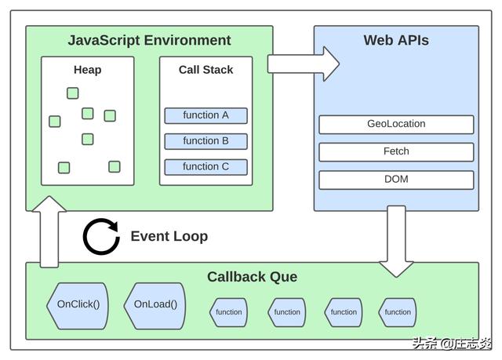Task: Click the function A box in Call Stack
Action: [x=206, y=115]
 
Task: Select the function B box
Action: [x=206, y=141]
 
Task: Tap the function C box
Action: [x=206, y=166]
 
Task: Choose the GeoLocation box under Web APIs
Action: [x=396, y=124]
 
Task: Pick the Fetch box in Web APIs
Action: [x=396, y=151]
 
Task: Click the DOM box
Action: [x=396, y=180]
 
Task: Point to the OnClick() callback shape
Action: [x=78, y=304]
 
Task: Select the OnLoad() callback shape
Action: [x=155, y=304]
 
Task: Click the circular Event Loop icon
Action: [x=101, y=237]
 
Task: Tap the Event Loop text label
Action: [x=169, y=236]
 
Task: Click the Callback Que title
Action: [x=252, y=277]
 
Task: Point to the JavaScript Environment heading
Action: [x=149, y=41]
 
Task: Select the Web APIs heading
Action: [x=396, y=41]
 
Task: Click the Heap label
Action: [x=87, y=70]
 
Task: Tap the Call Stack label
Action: [x=206, y=70]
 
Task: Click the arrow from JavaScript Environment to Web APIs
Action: [x=303, y=64]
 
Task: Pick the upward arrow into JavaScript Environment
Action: [x=49, y=231]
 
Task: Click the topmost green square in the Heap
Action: [x=73, y=93]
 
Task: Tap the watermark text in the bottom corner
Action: [x=451, y=344]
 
